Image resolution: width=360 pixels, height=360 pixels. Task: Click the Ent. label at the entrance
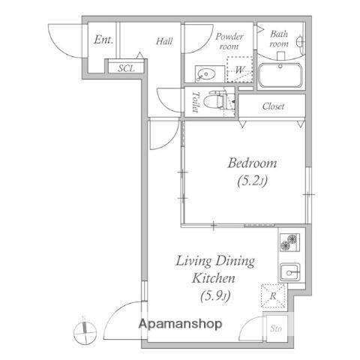(103, 40)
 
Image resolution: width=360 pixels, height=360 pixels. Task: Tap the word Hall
(164, 41)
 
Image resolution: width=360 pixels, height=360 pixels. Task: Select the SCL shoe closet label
(126, 68)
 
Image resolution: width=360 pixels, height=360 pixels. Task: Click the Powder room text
(229, 41)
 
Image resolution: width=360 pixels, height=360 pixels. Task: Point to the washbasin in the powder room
(206, 74)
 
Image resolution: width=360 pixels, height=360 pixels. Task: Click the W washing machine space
(239, 70)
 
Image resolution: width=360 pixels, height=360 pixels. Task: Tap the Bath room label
(279, 38)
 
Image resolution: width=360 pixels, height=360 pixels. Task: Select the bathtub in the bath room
(280, 75)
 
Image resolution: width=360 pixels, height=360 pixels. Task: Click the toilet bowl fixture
(214, 101)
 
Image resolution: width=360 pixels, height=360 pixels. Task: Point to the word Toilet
(196, 102)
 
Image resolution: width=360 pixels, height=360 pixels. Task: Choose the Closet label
(273, 106)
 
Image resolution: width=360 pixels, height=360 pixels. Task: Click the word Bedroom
(252, 163)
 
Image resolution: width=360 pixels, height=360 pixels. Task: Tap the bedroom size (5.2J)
(252, 181)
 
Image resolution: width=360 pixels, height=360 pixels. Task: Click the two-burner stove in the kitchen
(289, 242)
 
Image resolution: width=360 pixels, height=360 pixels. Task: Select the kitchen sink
(289, 272)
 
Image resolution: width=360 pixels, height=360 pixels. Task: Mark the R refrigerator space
(273, 296)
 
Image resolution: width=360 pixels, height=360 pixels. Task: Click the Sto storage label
(276, 328)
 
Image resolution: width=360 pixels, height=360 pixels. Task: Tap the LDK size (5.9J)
(215, 296)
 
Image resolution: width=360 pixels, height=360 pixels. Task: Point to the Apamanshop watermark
(181, 324)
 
